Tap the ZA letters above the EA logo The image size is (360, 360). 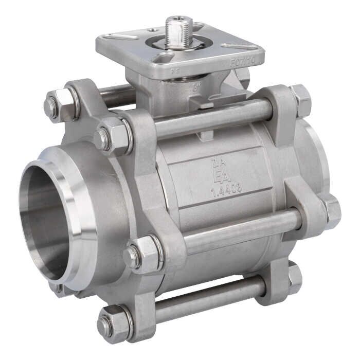217,164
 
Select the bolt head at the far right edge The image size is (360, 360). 331,211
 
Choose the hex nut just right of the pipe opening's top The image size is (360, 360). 113,136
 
